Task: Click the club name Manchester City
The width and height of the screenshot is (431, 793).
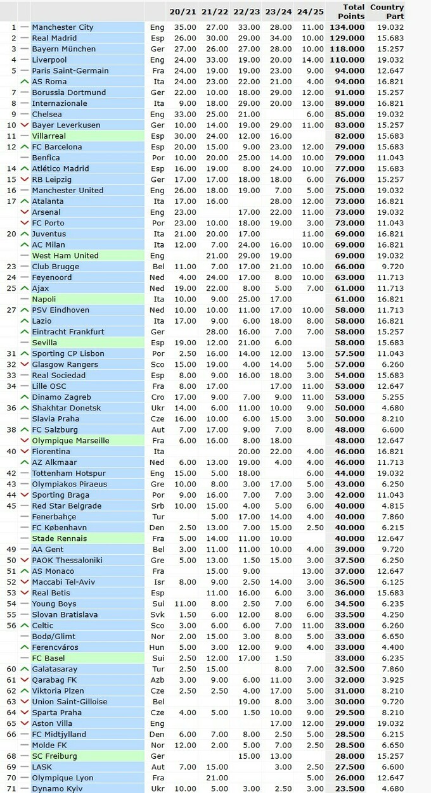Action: pyautogui.click(x=63, y=27)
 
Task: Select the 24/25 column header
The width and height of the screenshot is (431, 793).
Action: pyautogui.click(x=310, y=11)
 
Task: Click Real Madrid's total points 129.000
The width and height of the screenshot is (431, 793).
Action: pyautogui.click(x=347, y=38)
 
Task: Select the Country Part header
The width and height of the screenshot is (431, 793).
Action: pyautogui.click(x=387, y=11)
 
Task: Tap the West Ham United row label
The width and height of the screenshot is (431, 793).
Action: pyautogui.click(x=65, y=255)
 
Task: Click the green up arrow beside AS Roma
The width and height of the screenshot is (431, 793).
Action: pyautogui.click(x=25, y=82)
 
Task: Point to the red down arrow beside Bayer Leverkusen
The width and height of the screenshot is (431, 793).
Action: pyautogui.click(x=25, y=125)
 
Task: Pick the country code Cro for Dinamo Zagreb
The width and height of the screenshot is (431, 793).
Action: pyautogui.click(x=157, y=397)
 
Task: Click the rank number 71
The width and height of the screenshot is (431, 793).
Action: pyautogui.click(x=11, y=789)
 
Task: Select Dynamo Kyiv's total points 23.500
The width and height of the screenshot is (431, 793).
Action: pyautogui.click(x=347, y=789)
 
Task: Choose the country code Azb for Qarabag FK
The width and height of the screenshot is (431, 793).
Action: pyautogui.click(x=157, y=680)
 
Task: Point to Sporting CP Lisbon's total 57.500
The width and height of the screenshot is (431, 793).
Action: pyautogui.click(x=347, y=353)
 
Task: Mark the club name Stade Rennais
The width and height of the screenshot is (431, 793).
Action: pyautogui.click(x=60, y=538)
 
